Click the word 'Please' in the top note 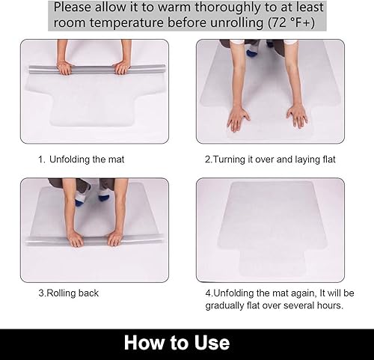(78, 7)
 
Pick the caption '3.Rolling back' (68, 293)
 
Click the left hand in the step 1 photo (65, 68)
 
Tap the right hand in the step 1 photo (121, 68)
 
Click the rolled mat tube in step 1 (93, 70)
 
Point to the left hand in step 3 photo (75, 238)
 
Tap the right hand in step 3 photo (114, 238)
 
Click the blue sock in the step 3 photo (80, 198)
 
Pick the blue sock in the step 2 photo (252, 52)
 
